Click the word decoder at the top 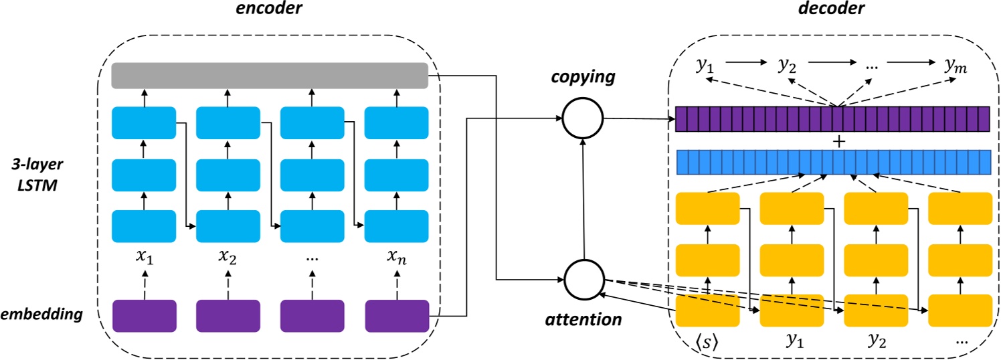pos(832,10)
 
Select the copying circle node pos(582,118)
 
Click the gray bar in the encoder pos(269,76)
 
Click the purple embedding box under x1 pos(144,316)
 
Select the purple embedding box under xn pos(396,316)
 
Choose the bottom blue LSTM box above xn pos(396,226)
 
